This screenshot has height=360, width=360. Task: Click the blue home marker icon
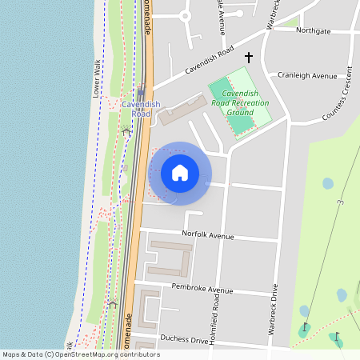coord(180,173)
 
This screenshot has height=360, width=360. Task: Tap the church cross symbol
coord(248,58)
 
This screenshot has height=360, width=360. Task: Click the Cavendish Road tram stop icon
coord(141,93)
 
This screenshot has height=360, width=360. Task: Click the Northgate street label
coord(313,31)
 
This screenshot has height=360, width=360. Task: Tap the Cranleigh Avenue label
coord(307,76)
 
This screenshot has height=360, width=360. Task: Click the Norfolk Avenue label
coord(207,236)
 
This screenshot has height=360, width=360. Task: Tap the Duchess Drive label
coord(183,340)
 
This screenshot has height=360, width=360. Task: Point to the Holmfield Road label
coord(216,304)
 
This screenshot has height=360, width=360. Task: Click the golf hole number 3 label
coord(340,205)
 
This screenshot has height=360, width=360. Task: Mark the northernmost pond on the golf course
coord(328,183)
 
